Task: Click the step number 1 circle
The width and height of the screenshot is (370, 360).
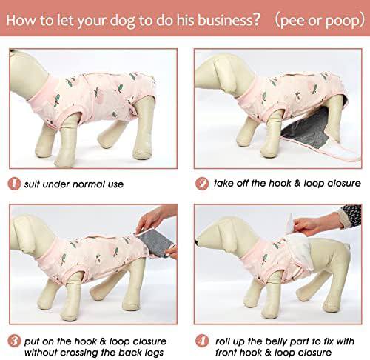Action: coord(14,184)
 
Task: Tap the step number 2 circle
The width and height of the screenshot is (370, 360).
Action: coord(202,184)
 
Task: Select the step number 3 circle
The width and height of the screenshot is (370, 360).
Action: coord(14,341)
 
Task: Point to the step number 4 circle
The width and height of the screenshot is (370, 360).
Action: coord(202,341)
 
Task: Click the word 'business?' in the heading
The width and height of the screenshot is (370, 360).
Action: coord(229,20)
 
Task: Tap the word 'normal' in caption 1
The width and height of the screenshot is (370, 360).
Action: coord(89,184)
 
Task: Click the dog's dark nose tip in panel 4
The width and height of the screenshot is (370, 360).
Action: coord(198,242)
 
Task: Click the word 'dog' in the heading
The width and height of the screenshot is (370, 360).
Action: coord(123,21)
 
